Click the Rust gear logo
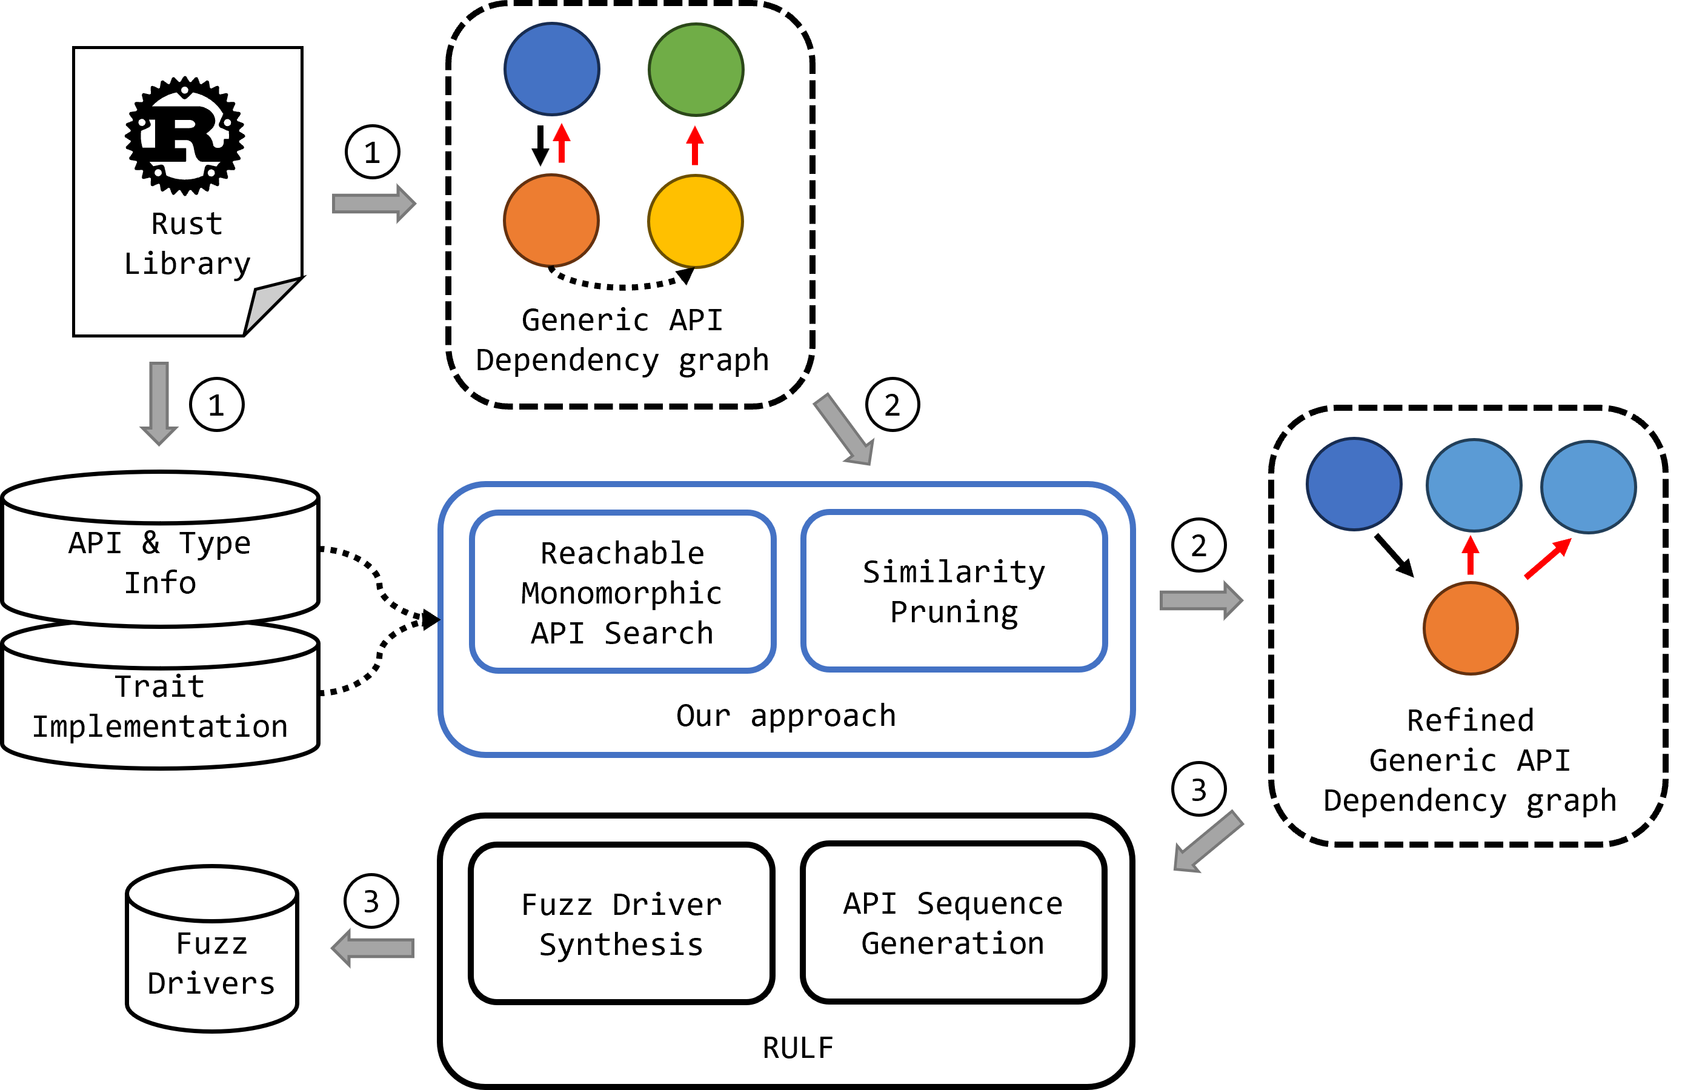pyautogui.click(x=185, y=136)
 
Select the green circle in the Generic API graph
pyautogui.click(x=696, y=69)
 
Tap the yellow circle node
pyautogui.click(x=696, y=221)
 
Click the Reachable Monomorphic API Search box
pyautogui.click(x=623, y=591)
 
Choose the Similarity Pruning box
pyautogui.click(x=954, y=590)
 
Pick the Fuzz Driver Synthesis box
pyautogui.click(x=622, y=923)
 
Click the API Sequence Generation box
pyautogui.click(x=953, y=922)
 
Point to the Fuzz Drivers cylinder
pyautogui.click(x=212, y=949)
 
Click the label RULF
pyautogui.click(x=798, y=1048)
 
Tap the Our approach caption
pyautogui.click(x=786, y=716)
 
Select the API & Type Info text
pyautogui.click(x=160, y=563)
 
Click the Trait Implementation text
pyautogui.click(x=161, y=706)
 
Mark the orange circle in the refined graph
pyautogui.click(x=1471, y=628)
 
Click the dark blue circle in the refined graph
pyautogui.click(x=1354, y=484)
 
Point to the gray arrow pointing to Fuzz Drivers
pyautogui.click(x=373, y=948)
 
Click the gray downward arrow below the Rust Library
pyautogui.click(x=159, y=404)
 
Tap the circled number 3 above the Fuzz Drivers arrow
pyautogui.click(x=371, y=902)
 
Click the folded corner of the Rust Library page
pyautogui.click(x=273, y=305)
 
